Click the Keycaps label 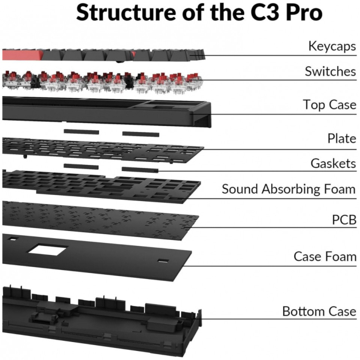(331, 46)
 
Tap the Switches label (329, 71)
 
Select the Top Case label (329, 105)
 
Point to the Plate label (341, 139)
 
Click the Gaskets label (333, 163)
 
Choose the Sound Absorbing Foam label (289, 189)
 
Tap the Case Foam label (325, 256)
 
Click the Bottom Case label (319, 311)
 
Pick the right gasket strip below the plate (140, 170)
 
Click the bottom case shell (102, 312)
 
